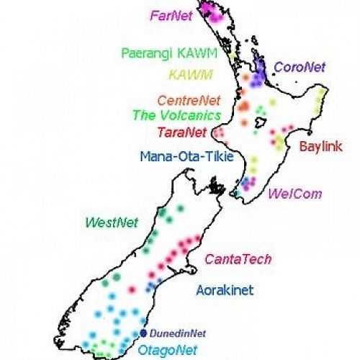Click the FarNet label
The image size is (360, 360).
tap(171, 14)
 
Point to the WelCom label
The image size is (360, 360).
tap(295, 193)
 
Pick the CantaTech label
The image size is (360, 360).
tap(233, 258)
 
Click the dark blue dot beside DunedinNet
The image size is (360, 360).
tap(143, 333)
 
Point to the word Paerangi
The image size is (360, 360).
tap(148, 53)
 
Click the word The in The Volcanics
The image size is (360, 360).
tap(144, 114)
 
